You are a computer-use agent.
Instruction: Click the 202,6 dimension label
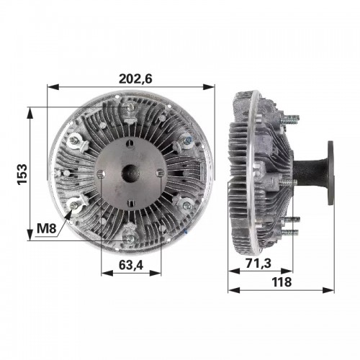click(x=135, y=78)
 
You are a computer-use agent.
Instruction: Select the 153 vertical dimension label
click(x=22, y=174)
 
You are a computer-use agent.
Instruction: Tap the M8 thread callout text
click(x=47, y=228)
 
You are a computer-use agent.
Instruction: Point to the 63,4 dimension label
click(x=131, y=265)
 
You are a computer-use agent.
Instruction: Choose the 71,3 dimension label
click(x=258, y=263)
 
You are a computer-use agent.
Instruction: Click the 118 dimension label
click(x=282, y=282)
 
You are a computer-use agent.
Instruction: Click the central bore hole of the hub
click(x=131, y=173)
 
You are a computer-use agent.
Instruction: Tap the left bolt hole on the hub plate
click(x=101, y=174)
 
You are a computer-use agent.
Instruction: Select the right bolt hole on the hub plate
click(x=161, y=173)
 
